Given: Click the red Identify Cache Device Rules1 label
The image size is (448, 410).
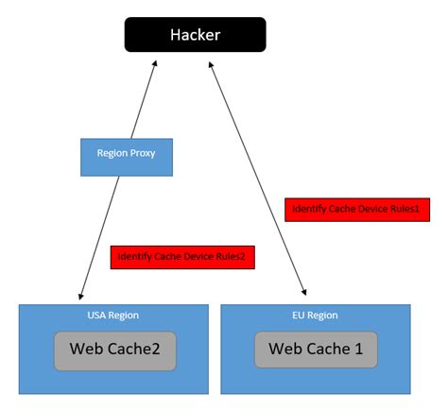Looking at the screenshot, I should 357,209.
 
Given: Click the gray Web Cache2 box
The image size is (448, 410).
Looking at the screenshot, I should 114,350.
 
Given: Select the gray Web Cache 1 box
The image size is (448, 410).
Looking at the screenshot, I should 316,350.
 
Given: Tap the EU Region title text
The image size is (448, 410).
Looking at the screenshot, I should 316,316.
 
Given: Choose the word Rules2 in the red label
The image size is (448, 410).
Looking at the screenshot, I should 233,256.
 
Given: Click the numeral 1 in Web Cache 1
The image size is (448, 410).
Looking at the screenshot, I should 359,350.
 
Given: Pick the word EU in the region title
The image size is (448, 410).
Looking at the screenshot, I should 300,316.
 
